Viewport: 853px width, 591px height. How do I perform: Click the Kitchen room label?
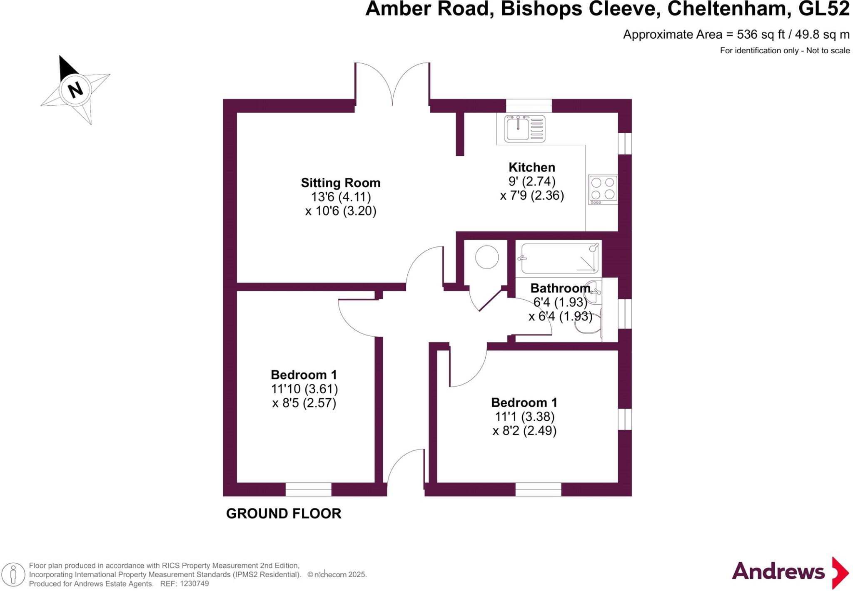(532, 167)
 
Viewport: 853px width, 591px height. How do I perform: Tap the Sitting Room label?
(341, 183)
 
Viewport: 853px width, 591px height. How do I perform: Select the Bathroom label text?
(560, 288)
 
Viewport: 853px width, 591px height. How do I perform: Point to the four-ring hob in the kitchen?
(603, 189)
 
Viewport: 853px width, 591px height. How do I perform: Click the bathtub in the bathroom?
(559, 258)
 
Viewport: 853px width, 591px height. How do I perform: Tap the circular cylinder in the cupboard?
(487, 257)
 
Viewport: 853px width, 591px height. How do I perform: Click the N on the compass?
(75, 89)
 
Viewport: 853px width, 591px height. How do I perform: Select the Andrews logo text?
(778, 571)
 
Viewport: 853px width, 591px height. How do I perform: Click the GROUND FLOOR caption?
(284, 514)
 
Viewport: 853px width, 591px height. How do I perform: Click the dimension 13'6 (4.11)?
(341, 197)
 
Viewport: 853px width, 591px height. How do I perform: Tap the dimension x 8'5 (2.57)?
(304, 403)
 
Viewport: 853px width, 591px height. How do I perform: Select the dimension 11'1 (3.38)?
(524, 416)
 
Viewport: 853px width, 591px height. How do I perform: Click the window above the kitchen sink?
(529, 105)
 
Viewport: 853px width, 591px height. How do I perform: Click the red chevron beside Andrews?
(840, 573)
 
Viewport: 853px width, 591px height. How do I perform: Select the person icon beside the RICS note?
(14, 574)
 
